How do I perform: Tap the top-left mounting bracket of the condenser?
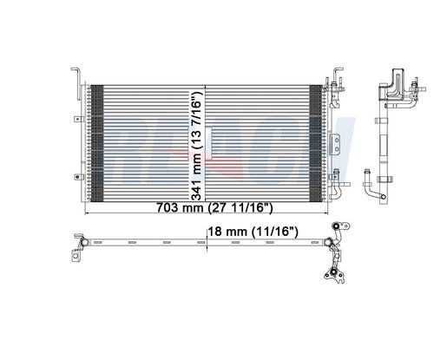click(x=79, y=77)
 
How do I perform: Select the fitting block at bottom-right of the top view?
click(x=332, y=276)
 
